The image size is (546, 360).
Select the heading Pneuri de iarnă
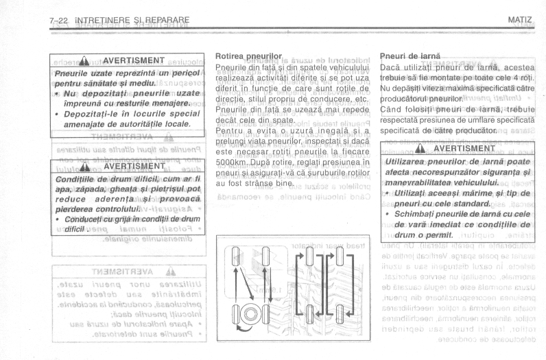409,54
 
